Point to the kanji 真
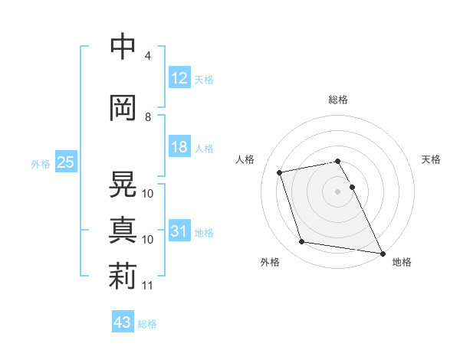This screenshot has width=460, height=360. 123,230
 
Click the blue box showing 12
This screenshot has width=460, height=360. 179,78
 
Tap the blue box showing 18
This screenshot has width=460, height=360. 179,147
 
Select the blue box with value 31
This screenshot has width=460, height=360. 179,231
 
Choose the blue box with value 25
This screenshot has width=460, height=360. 64,162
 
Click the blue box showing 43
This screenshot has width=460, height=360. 122,322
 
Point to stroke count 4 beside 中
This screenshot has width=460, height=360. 148,56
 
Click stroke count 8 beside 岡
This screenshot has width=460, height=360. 148,117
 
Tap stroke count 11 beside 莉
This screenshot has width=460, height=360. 148,286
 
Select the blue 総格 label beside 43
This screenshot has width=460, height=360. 147,324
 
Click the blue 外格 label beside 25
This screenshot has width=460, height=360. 40,163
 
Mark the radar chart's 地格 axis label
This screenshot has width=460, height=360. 402,262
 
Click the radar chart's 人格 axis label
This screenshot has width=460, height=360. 245,159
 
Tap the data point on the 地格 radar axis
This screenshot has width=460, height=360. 382,253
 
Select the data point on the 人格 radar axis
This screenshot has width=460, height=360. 280,172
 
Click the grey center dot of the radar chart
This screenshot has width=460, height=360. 337,191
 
